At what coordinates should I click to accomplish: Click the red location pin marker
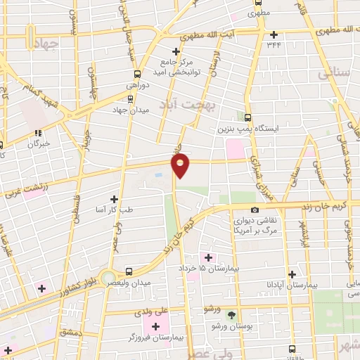click(x=181, y=166)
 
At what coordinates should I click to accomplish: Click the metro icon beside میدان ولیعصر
click(x=128, y=271)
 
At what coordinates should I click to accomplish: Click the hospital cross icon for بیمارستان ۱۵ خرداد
click(x=208, y=257)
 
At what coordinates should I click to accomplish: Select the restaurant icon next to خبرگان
click(x=38, y=132)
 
